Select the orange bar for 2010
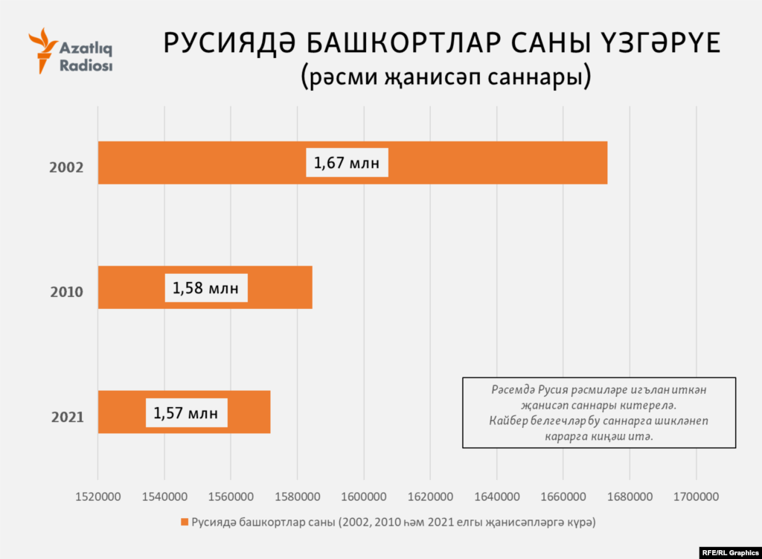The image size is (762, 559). coord(275,287)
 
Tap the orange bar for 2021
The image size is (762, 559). coord(249,412)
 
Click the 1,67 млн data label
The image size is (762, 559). coord(348,163)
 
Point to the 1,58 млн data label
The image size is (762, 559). coord(206,288)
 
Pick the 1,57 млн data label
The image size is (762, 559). coord(186,412)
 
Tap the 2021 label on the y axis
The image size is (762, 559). coord(66,417)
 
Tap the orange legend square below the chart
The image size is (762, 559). coord(184,523)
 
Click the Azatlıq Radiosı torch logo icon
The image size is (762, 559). coord(42,51)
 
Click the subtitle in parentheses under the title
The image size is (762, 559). coord(446,77)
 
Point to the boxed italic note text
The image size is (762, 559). coord(599,413)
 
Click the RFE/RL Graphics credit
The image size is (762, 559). coord(730,552)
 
